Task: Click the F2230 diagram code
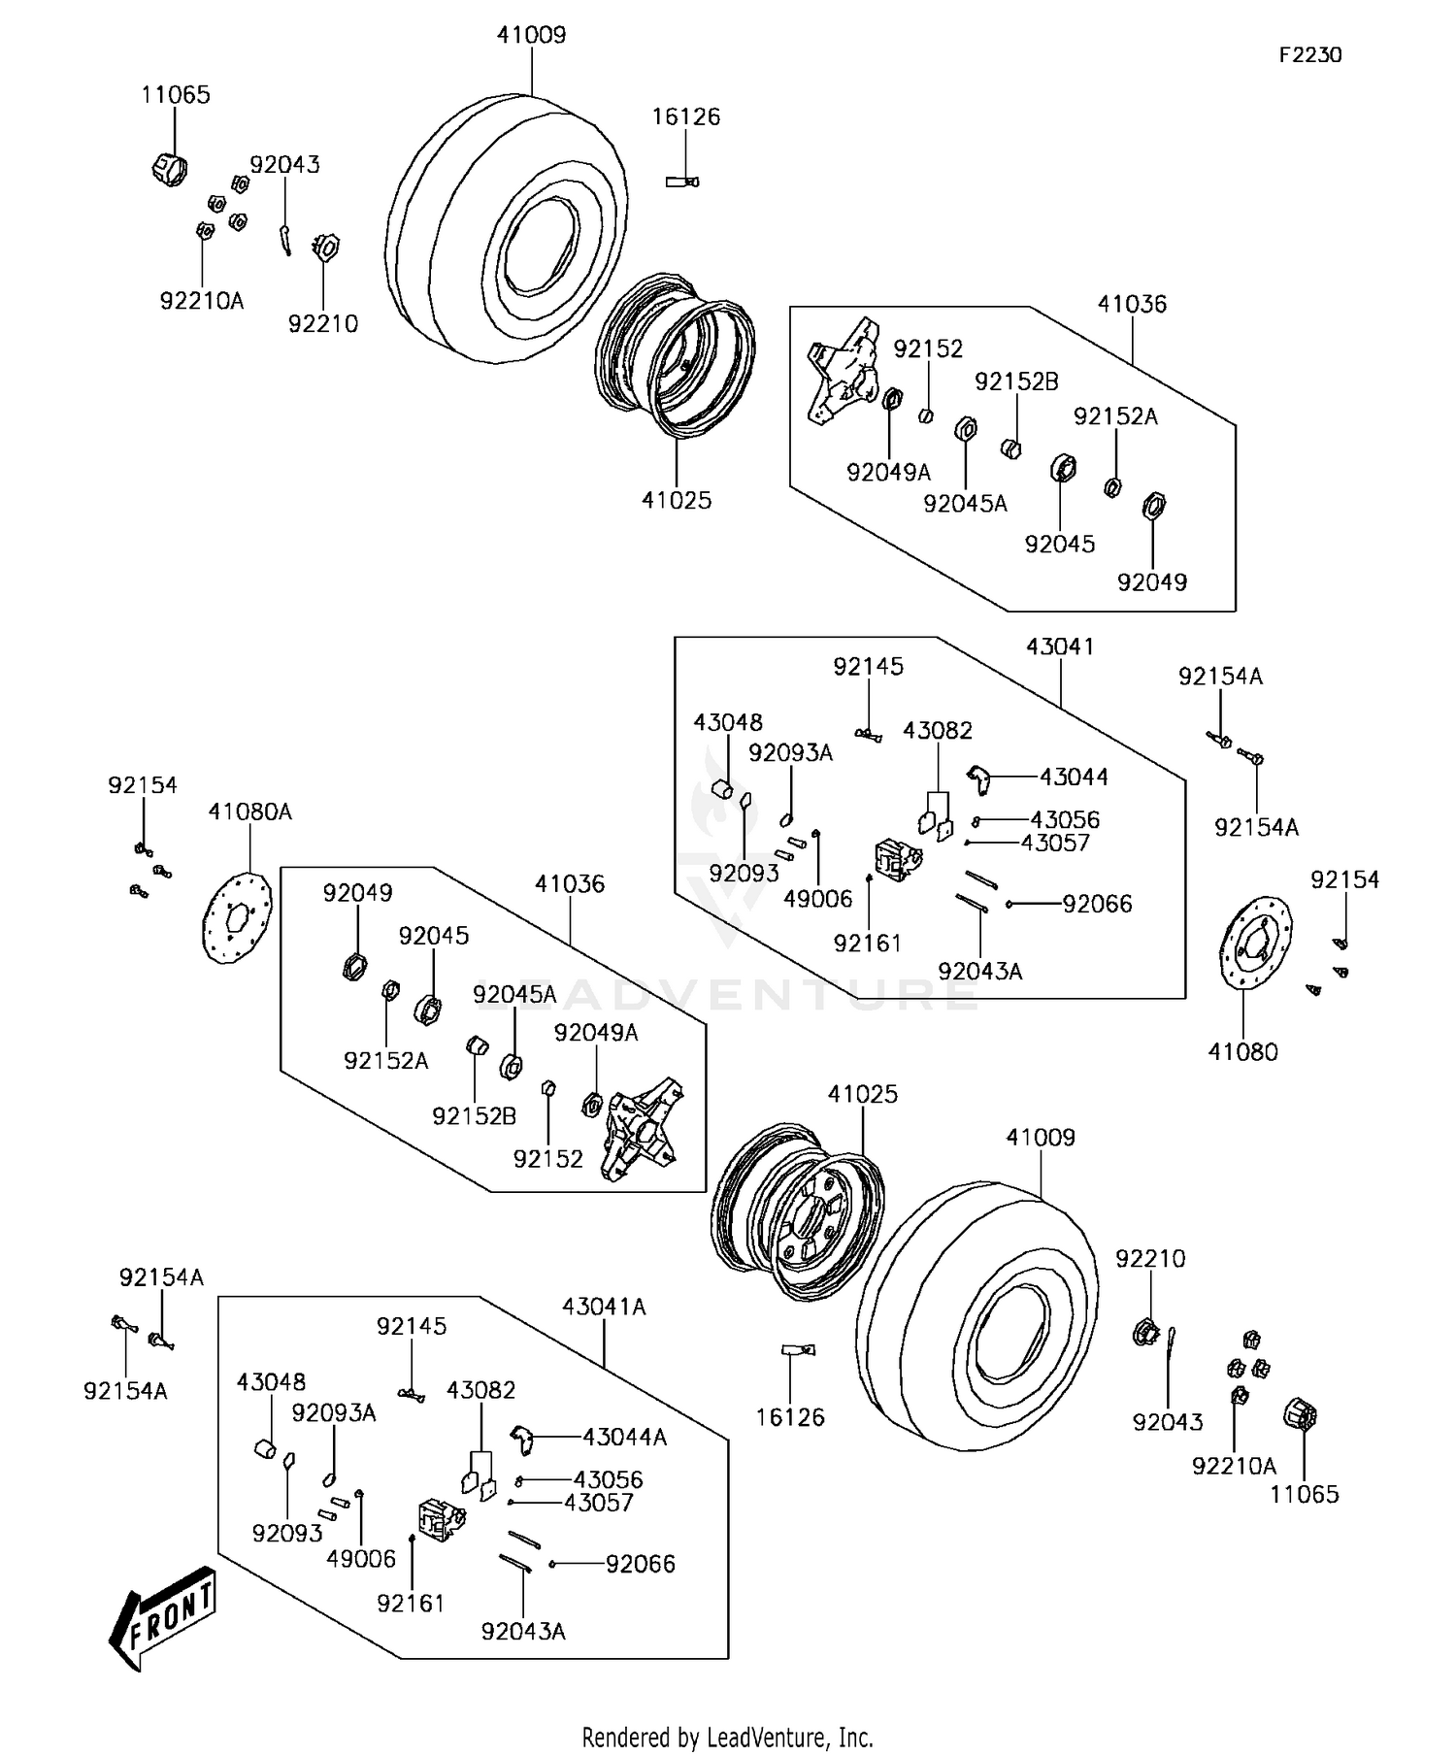pyautogui.click(x=1309, y=55)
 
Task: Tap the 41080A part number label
pyautogui.click(x=249, y=812)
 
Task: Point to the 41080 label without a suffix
pyautogui.click(x=1242, y=1051)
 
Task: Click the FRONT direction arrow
pyautogui.click(x=162, y=1617)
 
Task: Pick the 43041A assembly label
pyautogui.click(x=604, y=1307)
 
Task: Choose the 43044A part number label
pyautogui.click(x=624, y=1438)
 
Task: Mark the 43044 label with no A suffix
pyautogui.click(x=1074, y=778)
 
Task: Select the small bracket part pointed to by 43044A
pyautogui.click(x=522, y=1438)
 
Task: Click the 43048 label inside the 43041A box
pyautogui.click(x=271, y=1382)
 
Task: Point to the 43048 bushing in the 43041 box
pyautogui.click(x=723, y=788)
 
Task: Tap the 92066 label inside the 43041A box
pyautogui.click(x=641, y=1564)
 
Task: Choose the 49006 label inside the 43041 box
pyautogui.click(x=817, y=899)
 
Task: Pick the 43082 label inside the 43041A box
pyautogui.click(x=480, y=1390)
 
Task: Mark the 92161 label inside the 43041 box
pyautogui.click(x=867, y=943)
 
